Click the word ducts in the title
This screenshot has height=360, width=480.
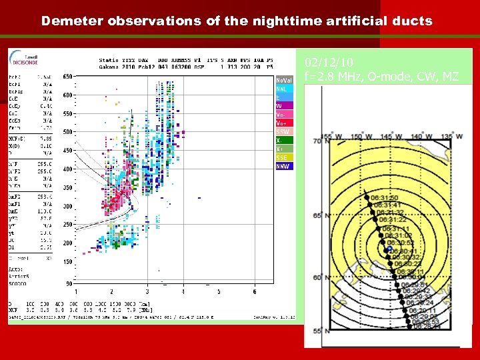pyautogui.click(x=414, y=21)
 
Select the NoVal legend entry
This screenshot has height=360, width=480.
pyautogui.click(x=283, y=80)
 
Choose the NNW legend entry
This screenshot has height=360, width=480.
pyautogui.click(x=283, y=166)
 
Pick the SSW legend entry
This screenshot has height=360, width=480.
pyautogui.click(x=283, y=132)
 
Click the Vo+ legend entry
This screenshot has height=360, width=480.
pyautogui.click(x=283, y=123)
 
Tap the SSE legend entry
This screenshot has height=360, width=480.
pyautogui.click(x=283, y=157)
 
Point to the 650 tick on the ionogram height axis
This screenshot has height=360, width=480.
pyautogui.click(x=67, y=77)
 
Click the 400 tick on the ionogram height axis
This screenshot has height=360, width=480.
pyautogui.click(x=67, y=169)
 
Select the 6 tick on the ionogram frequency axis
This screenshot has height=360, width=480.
pyautogui.click(x=255, y=291)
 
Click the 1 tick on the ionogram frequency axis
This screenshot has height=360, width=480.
pyautogui.click(x=75, y=291)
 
